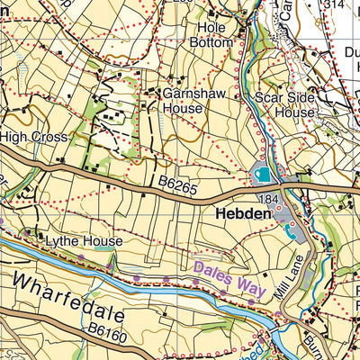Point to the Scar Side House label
[x=285, y=104]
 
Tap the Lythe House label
[x=78, y=242]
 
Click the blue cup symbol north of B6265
[x=263, y=174]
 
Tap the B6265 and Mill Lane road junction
[x=286, y=189]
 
